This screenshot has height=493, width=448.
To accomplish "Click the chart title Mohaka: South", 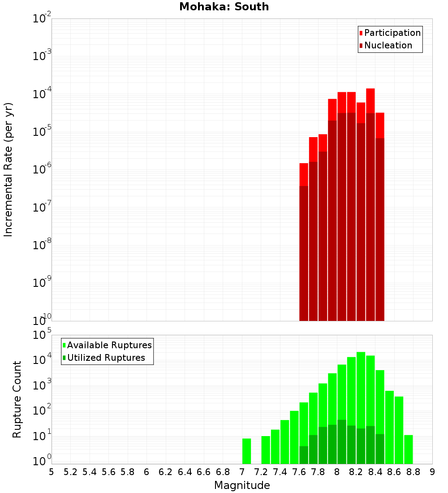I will point(224,7).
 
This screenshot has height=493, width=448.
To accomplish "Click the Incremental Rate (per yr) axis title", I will point(9,170).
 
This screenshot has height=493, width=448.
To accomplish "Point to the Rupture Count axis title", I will point(17,399).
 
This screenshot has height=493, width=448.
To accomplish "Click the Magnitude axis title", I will point(242,485).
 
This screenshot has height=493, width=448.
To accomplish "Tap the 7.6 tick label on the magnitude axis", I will point(299,472).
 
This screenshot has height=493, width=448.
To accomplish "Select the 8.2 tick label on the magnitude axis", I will point(356,472).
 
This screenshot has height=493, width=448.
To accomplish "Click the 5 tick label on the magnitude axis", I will point(52,472).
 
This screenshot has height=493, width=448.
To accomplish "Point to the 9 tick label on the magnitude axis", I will point(432,472).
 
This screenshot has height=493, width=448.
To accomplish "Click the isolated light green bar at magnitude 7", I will point(246,451).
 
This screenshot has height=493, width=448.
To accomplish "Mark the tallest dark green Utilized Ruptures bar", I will point(342,441).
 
